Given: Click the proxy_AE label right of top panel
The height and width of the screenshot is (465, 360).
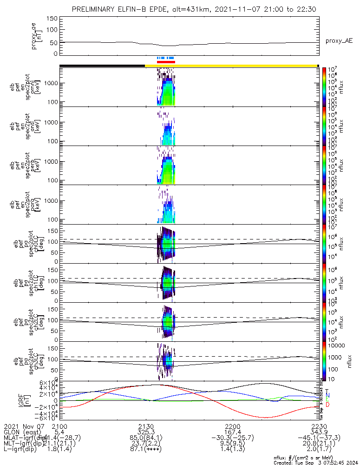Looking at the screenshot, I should coord(339,41).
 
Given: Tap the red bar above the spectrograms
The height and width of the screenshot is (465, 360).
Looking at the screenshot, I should coord(166,61).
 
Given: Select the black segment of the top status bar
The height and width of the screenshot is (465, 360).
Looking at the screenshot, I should coord(102,66).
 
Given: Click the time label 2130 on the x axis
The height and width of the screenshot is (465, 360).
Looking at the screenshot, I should coord(146,426).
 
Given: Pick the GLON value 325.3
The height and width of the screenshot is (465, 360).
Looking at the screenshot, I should coord(146,432).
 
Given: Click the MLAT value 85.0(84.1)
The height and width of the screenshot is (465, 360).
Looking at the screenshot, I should coord(146,438).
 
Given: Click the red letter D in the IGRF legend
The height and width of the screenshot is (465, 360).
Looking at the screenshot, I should coord(327,405).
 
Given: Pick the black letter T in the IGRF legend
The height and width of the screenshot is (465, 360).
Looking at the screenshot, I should coord(327,391).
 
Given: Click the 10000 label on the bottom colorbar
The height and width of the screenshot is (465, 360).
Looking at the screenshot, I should coord(334,345).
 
